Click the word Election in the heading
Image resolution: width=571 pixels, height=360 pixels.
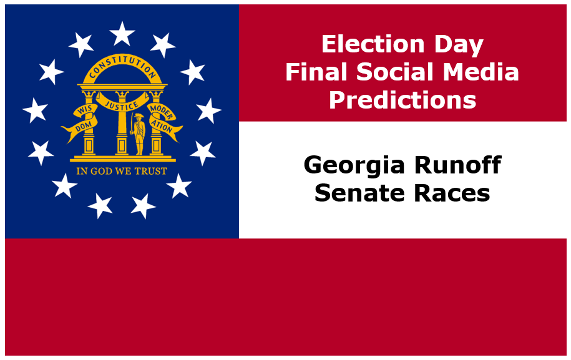(373, 44)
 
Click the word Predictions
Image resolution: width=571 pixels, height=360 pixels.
(403, 99)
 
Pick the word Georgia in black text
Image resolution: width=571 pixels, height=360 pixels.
(354, 166)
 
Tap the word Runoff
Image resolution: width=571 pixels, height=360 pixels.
(458, 165)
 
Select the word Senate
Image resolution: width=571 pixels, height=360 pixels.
(359, 193)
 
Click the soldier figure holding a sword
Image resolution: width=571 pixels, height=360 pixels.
(139, 134)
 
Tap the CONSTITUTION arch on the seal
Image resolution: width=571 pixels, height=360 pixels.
(122, 67)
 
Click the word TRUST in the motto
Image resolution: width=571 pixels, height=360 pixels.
(151, 171)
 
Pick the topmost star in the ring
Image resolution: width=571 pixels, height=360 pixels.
(122, 33)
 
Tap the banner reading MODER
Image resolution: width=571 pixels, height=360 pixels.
(162, 111)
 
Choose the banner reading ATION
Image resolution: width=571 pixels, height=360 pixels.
(165, 127)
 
